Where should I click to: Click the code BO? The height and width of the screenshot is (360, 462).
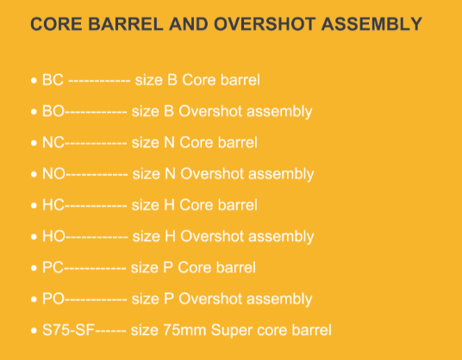(53, 111)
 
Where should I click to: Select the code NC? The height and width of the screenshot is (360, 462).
(53, 142)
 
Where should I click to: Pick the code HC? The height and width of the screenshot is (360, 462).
(53, 205)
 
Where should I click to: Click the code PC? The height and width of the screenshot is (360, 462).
(53, 268)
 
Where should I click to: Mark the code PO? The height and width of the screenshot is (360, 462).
(53, 299)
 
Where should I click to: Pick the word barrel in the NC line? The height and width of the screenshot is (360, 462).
(238, 142)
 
